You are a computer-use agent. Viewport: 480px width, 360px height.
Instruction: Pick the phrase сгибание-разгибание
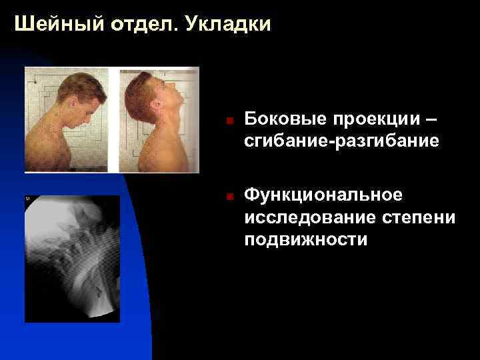point(341,142)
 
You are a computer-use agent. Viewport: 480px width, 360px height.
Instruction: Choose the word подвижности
point(305,240)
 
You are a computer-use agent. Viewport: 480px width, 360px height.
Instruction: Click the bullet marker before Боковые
point(228,121)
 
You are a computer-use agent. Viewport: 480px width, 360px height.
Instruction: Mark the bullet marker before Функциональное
point(228,197)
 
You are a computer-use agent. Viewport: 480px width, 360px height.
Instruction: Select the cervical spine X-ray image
point(72,259)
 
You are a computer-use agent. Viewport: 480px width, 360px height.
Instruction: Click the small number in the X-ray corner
point(28,199)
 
